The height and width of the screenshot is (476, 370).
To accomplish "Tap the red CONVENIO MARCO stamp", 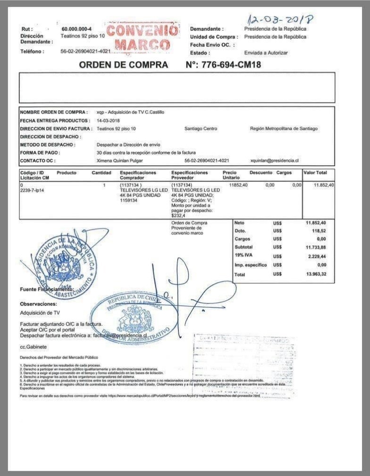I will (x=143, y=38).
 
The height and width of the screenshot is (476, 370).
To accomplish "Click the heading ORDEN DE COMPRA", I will (x=123, y=65).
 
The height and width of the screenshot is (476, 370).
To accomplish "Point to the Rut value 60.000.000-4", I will (x=76, y=29).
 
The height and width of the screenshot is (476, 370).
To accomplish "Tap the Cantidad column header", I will (x=101, y=173).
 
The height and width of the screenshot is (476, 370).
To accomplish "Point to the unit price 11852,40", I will (x=238, y=185).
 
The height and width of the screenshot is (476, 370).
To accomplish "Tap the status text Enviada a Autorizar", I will (x=266, y=52).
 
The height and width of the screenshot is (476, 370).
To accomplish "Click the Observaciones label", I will (x=38, y=304).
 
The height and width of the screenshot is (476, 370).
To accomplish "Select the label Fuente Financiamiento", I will (x=47, y=289).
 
